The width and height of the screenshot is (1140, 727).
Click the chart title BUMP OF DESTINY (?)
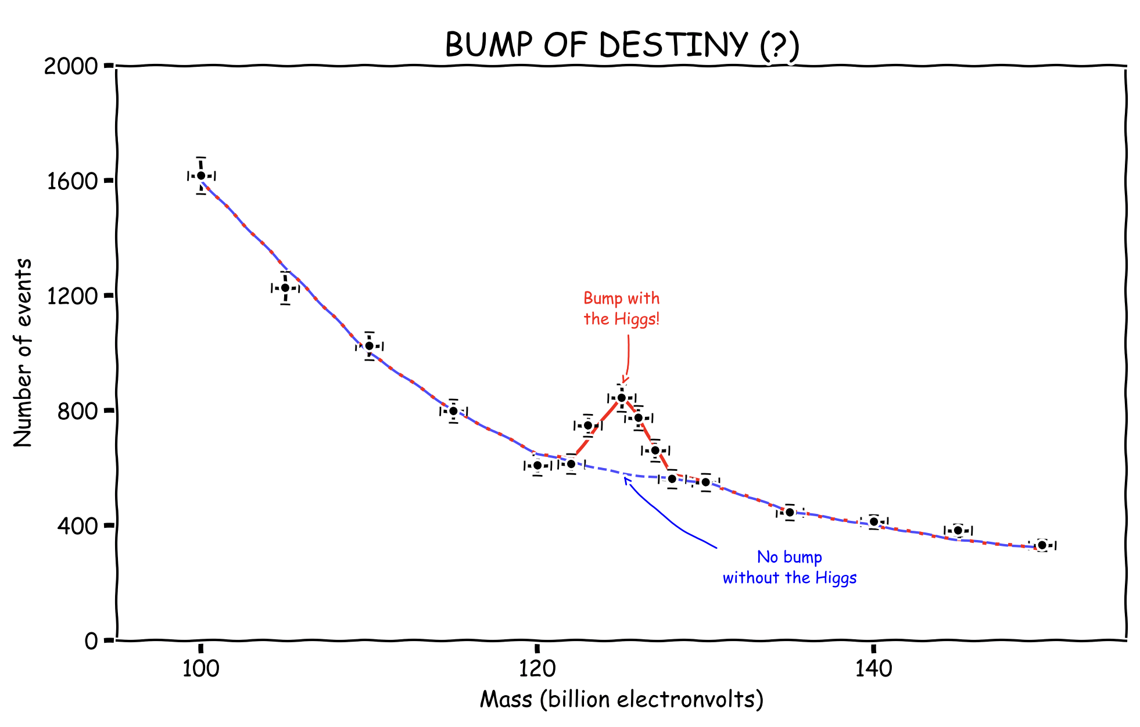[x=622, y=45]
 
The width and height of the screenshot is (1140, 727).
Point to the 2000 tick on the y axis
[x=71, y=66]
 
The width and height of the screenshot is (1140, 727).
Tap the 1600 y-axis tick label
[x=71, y=181]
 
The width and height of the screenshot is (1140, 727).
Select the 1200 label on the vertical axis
[x=71, y=296]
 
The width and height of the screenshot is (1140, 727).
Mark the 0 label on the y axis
[x=91, y=641]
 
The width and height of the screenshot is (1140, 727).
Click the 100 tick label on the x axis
[x=201, y=669]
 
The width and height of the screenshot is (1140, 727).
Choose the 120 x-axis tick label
[x=537, y=669]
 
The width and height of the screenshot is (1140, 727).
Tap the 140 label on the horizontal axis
[x=873, y=669]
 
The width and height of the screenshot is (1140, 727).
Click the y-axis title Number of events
[x=23, y=353]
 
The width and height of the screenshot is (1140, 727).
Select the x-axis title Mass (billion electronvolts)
[x=622, y=700]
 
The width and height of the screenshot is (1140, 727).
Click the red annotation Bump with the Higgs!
[x=622, y=308]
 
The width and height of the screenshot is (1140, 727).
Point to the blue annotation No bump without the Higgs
[x=790, y=567]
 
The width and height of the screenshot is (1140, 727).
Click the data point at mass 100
[x=201, y=176]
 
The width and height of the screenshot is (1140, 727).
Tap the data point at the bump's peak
[x=621, y=398]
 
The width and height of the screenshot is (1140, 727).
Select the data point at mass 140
[x=873, y=521]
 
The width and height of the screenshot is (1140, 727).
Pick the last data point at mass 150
[x=1042, y=545]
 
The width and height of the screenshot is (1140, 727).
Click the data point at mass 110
[x=369, y=346]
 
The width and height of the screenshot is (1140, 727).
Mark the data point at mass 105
[x=285, y=288]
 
